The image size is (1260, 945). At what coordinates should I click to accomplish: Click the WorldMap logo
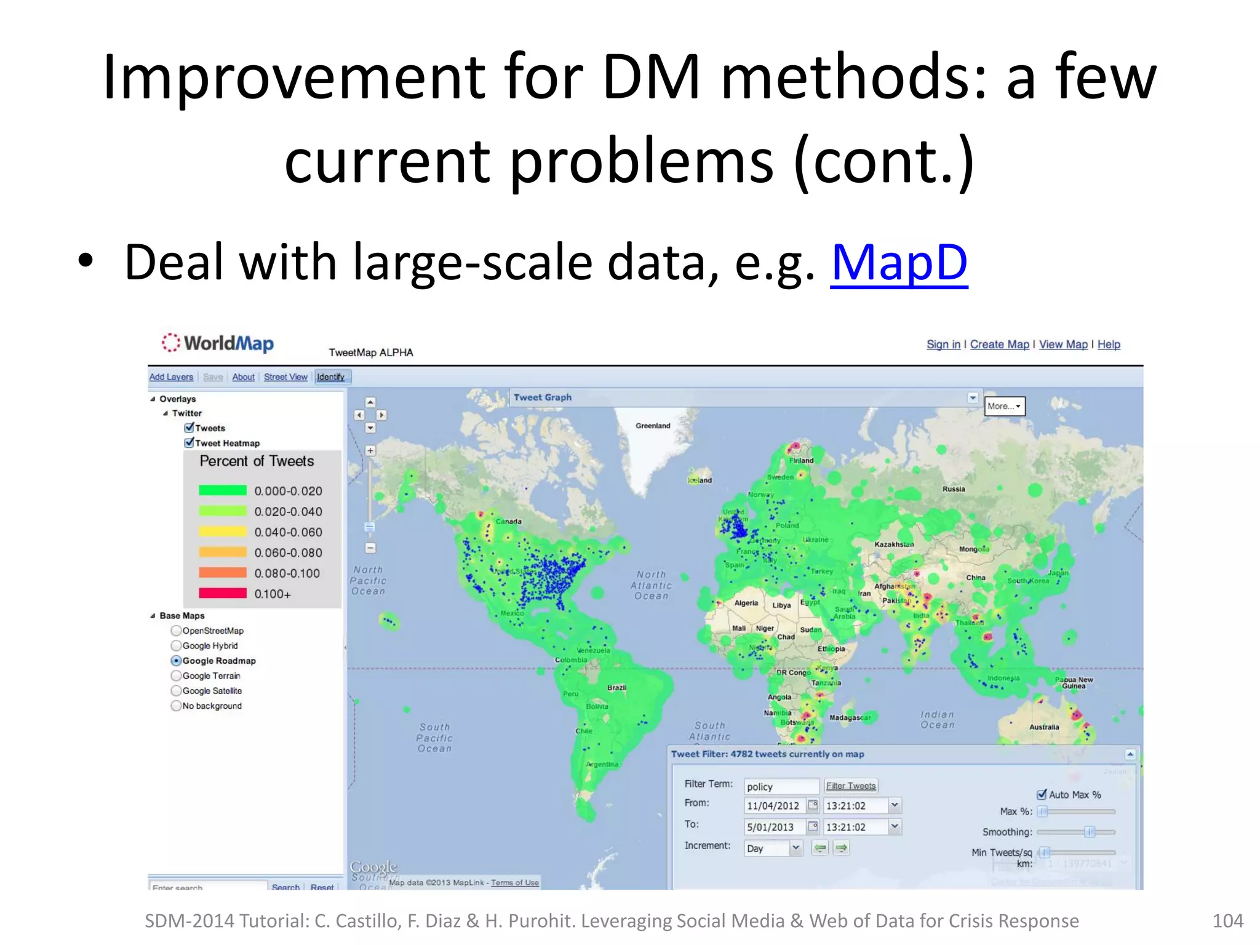pyautogui.click(x=218, y=343)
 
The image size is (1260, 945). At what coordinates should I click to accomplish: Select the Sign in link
pyautogui.click(x=943, y=345)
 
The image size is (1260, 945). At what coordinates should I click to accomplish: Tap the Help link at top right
pyautogui.click(x=1109, y=345)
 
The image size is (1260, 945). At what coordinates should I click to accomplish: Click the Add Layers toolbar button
pyautogui.click(x=171, y=377)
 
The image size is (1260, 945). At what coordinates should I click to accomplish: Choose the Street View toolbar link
pyautogui.click(x=285, y=377)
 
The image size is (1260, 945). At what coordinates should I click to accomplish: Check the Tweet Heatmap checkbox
pyautogui.click(x=189, y=442)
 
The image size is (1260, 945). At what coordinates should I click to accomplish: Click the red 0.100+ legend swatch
pyautogui.click(x=222, y=593)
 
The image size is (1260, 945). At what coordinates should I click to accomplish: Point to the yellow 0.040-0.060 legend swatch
pyautogui.click(x=222, y=532)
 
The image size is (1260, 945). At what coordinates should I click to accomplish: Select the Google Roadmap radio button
pyautogui.click(x=177, y=661)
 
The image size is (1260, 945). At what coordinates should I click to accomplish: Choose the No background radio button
pyautogui.click(x=177, y=706)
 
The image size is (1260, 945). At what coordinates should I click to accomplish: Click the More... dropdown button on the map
pyautogui.click(x=1004, y=406)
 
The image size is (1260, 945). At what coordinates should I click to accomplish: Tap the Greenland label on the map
pyautogui.click(x=653, y=426)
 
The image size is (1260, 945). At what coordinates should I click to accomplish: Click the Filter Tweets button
pyautogui.click(x=851, y=786)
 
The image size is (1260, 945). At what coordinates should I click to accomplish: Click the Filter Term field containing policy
pyautogui.click(x=780, y=787)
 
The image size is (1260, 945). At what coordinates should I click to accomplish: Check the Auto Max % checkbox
pyautogui.click(x=1042, y=794)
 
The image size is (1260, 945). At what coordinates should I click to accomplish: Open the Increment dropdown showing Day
pyautogui.click(x=795, y=848)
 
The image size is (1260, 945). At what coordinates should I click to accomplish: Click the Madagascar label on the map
pyautogui.click(x=850, y=718)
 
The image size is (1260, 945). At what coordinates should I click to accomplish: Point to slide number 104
pyautogui.click(x=1227, y=920)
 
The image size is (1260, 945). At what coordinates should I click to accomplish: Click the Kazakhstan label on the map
pyautogui.click(x=894, y=544)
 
